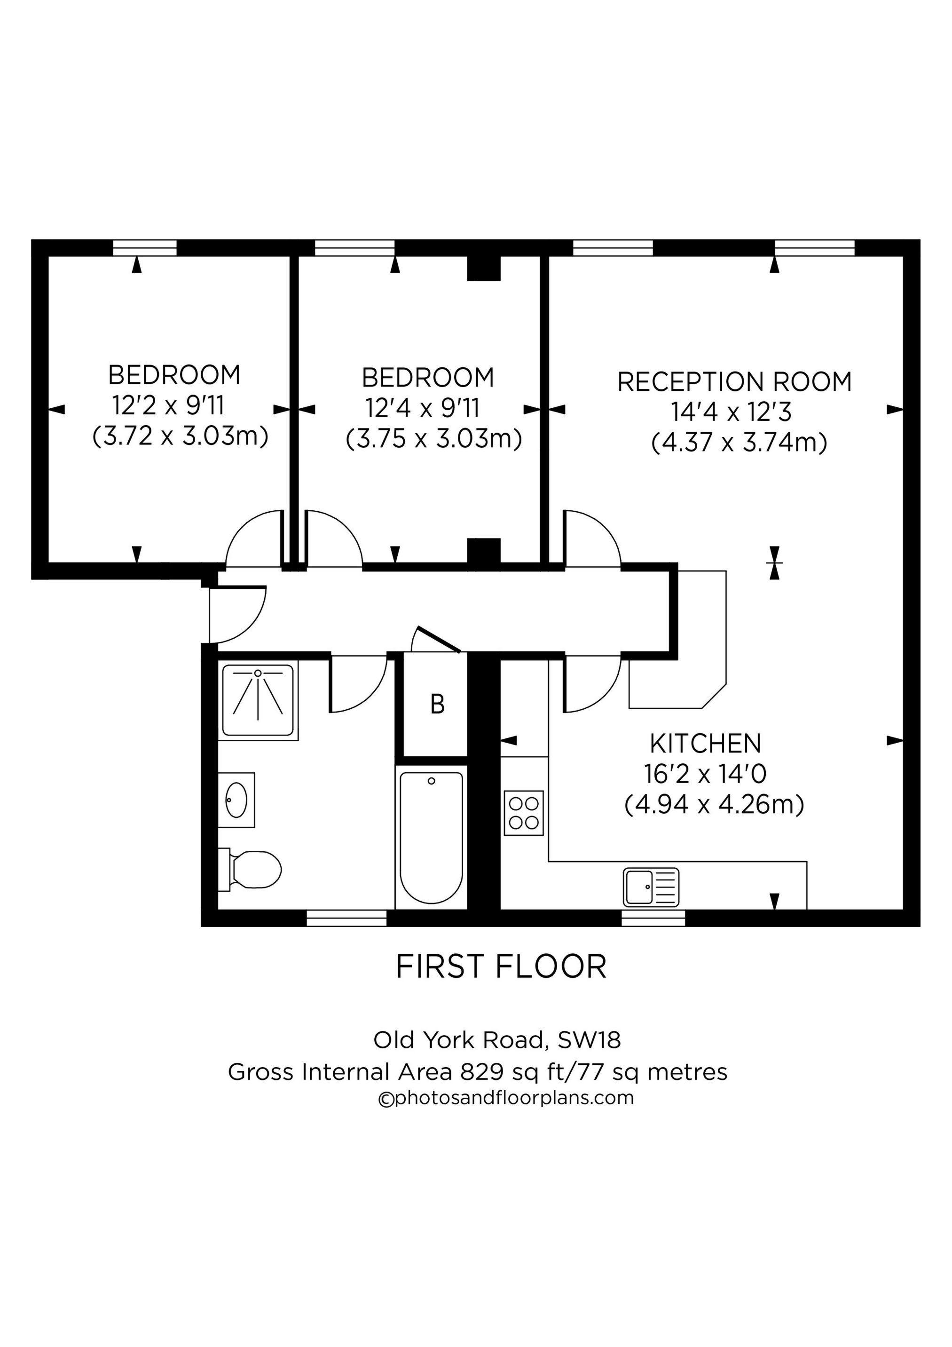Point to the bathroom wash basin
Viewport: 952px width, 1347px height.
(236, 800)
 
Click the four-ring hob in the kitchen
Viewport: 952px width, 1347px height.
(524, 813)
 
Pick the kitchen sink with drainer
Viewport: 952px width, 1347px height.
(651, 887)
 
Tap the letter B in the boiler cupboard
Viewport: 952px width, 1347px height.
(437, 705)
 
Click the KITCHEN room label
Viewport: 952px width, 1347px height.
(705, 744)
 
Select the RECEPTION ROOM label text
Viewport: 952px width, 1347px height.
(734, 382)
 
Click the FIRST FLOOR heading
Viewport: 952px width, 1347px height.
(502, 967)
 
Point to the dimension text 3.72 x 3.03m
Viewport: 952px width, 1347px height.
(181, 436)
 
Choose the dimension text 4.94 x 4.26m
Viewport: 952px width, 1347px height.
(714, 804)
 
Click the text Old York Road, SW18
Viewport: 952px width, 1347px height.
(497, 1040)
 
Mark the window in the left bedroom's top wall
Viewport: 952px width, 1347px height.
(145, 247)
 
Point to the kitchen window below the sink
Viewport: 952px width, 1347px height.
(653, 918)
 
